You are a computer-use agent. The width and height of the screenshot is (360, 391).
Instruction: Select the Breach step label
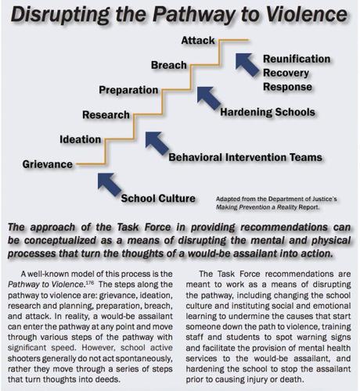[x=167, y=64]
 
